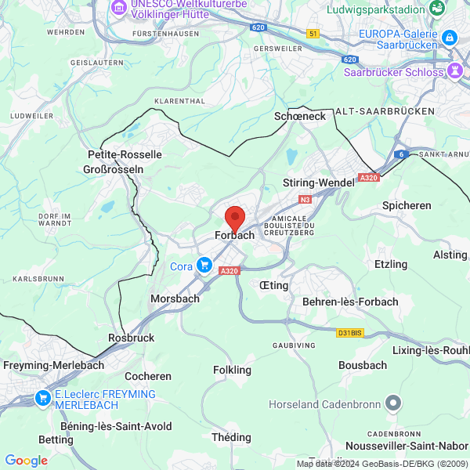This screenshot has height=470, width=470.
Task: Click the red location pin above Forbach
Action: pos(234,217)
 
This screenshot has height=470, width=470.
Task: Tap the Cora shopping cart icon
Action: pos(204,266)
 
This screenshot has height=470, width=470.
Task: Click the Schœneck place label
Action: pos(299,115)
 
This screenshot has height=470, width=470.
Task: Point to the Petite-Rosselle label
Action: pos(125,154)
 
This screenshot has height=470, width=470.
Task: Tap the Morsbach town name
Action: pos(175,298)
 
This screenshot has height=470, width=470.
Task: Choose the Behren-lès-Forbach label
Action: pos(350,302)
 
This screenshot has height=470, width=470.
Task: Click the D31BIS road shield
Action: pos(349,333)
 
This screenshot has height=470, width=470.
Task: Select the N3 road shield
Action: pos(305,200)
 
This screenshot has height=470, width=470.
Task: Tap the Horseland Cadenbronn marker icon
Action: pos(393,404)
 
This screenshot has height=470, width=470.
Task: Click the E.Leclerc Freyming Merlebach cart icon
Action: pos(43,399)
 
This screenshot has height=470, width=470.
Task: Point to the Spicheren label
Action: pos(407,205)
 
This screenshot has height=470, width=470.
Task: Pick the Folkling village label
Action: pos(233,370)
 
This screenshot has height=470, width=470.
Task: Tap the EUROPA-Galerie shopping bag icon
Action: pos(449,37)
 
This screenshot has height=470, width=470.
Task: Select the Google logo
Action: pos(26,461)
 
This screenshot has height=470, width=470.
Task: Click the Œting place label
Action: pos(274,285)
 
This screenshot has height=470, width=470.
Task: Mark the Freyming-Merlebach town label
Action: pos(48,365)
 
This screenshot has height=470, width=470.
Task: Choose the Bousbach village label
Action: pos(363,365)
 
